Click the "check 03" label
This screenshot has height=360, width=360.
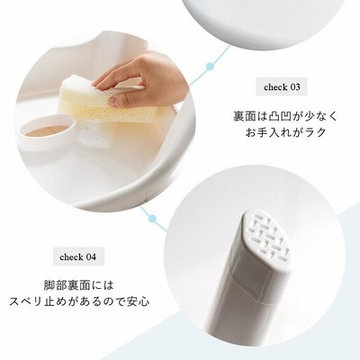282,87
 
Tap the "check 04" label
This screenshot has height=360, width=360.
78,257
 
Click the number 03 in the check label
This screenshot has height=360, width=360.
294,87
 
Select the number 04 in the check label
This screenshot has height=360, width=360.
91,257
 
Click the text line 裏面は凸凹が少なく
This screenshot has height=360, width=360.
285,116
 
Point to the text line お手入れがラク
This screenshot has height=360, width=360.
285,132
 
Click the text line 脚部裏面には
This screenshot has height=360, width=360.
79,285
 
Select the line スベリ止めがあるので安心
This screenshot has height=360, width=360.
79,301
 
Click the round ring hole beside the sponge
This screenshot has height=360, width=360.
47,130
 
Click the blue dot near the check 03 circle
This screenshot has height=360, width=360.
211,67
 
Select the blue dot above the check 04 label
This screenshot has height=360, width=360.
153,219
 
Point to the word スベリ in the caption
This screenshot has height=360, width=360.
26,301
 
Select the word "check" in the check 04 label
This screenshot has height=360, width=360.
71,257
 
